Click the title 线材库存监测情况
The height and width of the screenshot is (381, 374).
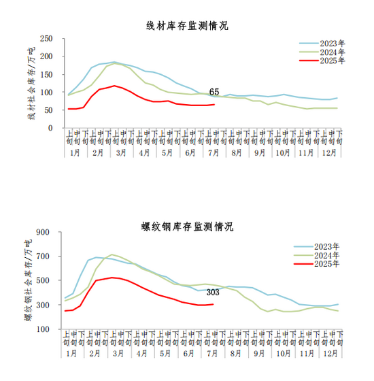187,26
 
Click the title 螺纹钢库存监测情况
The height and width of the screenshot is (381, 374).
187,227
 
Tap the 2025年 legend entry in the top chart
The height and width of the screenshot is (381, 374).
322,61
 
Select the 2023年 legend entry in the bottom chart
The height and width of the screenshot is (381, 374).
316,246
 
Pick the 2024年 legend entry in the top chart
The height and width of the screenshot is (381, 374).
322,52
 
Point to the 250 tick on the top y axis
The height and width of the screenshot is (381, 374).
46,38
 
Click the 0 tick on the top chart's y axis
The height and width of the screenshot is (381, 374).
50,128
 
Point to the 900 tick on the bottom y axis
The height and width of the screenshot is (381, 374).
43,232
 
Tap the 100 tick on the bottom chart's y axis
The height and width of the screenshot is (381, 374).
43,329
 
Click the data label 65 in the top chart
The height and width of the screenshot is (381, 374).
214,92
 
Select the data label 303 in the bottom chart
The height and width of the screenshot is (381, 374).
213,293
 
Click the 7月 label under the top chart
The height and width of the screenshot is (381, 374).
214,153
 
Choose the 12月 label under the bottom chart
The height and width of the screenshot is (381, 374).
330,354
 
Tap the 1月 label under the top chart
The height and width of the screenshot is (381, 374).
75,153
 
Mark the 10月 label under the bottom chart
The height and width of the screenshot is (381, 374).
284,354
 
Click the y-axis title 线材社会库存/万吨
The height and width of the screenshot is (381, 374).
31,83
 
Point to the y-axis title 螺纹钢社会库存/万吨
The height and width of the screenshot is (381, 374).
28,280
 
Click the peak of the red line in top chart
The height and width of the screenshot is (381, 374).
114,86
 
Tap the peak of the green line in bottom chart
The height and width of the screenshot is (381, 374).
112,254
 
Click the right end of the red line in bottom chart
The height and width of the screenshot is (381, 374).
214,304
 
